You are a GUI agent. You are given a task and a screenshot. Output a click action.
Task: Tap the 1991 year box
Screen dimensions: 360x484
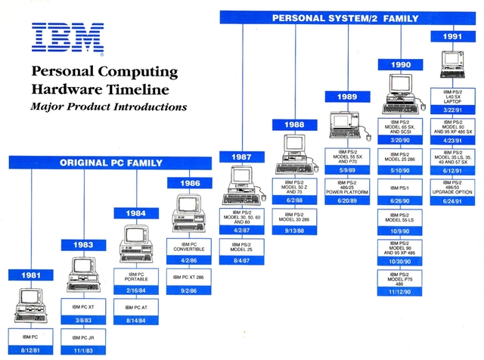[x=452, y=36]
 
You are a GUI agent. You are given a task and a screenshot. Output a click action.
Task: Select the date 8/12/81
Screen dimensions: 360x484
[x=30, y=349]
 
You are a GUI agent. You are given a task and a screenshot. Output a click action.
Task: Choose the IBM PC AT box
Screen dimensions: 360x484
[x=136, y=307]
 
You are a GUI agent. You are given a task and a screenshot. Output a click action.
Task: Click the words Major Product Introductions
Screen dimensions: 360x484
[x=108, y=107]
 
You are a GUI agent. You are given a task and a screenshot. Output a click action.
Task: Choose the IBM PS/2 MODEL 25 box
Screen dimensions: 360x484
[x=242, y=247]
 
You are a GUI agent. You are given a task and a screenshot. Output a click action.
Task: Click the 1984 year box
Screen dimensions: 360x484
[x=136, y=213]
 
